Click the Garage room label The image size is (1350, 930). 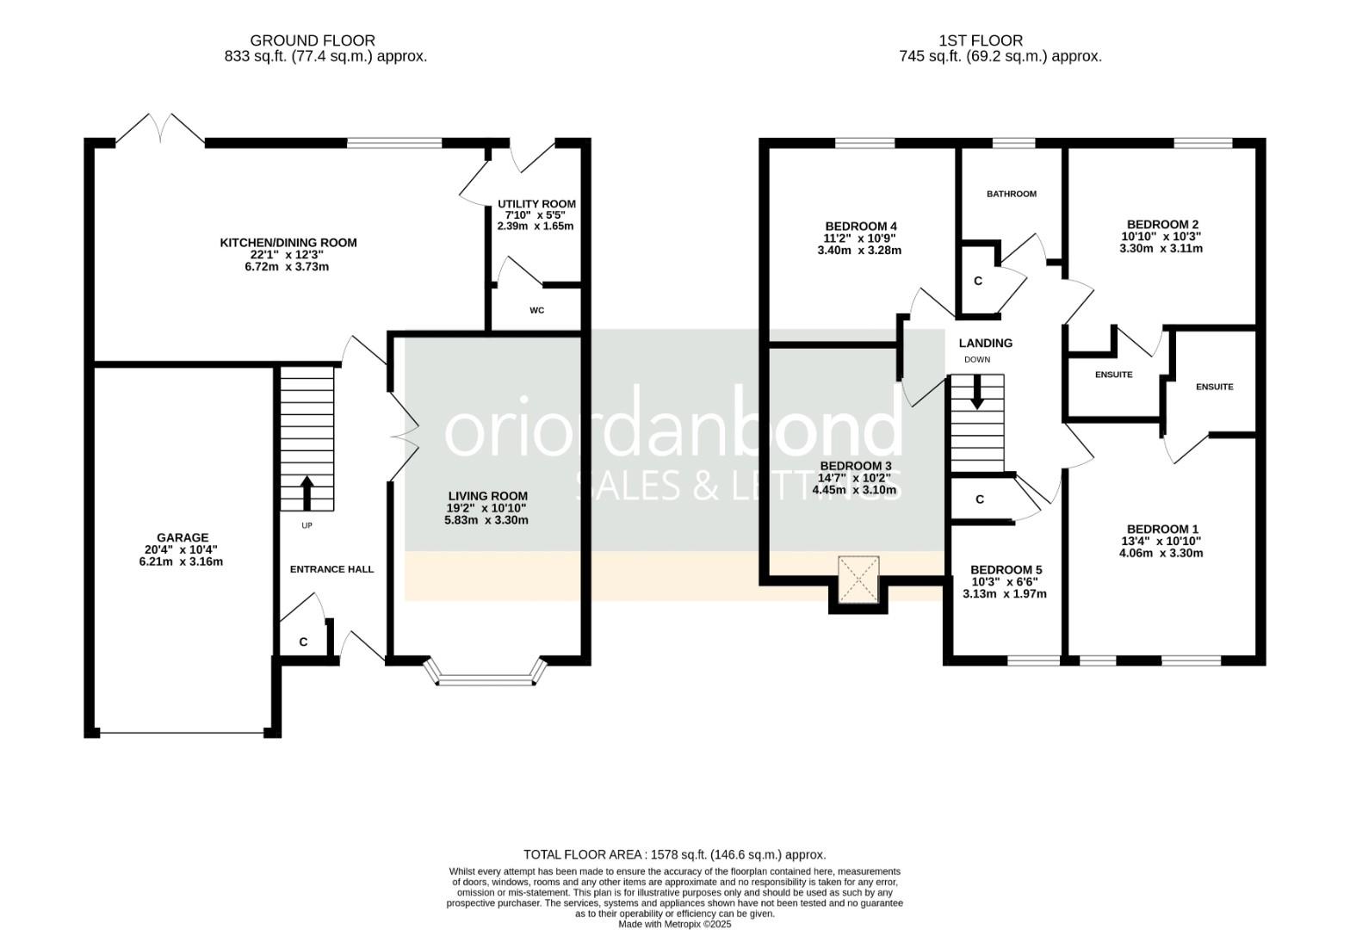point(182,538)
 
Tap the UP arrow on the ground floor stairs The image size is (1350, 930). point(307,493)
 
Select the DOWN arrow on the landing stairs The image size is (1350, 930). point(977,393)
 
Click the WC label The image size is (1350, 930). point(537,311)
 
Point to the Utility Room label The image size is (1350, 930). point(536,204)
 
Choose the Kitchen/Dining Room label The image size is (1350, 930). point(288,243)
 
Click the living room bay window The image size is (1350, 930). point(486,674)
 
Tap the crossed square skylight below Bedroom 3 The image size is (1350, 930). point(858,579)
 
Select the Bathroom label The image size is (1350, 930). point(1011,194)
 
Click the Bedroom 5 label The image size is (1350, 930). point(1006,570)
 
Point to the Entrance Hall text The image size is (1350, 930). point(331,569)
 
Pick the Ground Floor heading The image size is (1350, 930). point(313,40)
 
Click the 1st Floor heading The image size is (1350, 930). point(981,40)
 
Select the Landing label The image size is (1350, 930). point(986,343)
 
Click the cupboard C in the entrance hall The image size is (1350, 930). point(303,642)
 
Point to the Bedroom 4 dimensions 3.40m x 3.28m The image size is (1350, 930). point(858,251)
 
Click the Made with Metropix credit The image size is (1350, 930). point(674,924)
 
